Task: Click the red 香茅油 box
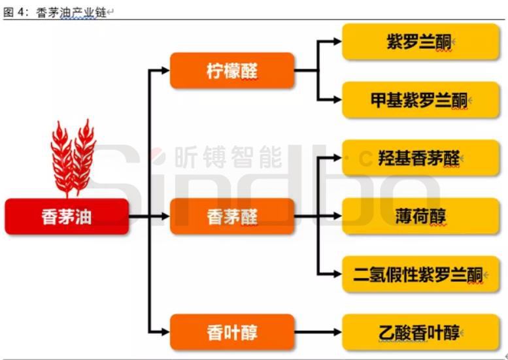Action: pos(67,216)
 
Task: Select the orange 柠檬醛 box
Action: pos(231,71)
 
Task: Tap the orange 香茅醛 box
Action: pos(231,216)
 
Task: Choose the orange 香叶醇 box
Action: pos(231,332)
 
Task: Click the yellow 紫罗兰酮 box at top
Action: pos(420,42)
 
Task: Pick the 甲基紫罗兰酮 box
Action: pos(420,100)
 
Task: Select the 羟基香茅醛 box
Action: pos(420,158)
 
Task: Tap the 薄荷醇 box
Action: pos(420,216)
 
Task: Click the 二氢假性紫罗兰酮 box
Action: pos(420,274)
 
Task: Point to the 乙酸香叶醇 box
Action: pos(420,332)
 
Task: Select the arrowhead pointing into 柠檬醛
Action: pos(165,71)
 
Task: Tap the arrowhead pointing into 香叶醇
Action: pos(165,332)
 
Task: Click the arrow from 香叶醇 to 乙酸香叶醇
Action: pos(317,332)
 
